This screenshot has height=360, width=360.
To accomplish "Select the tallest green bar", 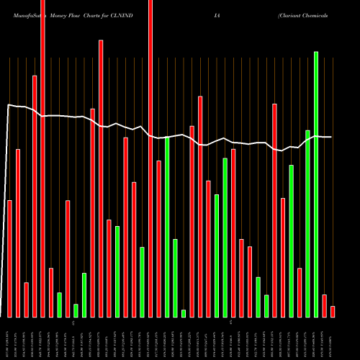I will (x=316, y=184).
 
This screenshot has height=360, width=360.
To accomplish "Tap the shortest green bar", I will (x=184, y=313).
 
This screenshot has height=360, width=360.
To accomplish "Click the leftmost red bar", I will (x=9, y=258).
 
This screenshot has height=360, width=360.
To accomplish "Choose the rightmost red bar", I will (x=333, y=311).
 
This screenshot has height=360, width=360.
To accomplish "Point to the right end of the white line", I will (x=331, y=137).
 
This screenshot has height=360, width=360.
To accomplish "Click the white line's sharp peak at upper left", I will (x=8, y=105).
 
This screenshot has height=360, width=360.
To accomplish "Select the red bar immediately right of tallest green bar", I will (x=324, y=305).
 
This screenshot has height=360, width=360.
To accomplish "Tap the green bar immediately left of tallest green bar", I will (x=308, y=223).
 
